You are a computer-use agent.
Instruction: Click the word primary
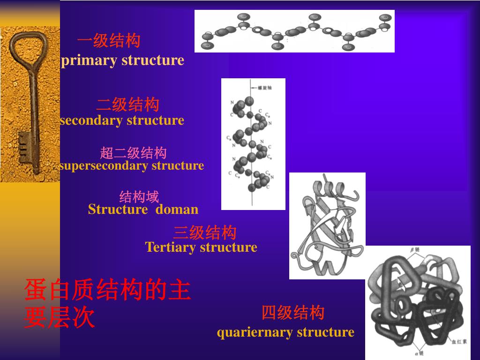tap(90, 60)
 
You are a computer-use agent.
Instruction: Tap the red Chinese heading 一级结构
tap(109, 41)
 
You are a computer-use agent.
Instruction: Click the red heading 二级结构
tap(128, 105)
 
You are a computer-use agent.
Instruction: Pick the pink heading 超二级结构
tap(133, 153)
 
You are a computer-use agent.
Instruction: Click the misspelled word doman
tap(177, 209)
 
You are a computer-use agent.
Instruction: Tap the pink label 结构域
tap(139, 196)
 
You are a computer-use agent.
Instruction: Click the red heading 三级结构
tap(205, 232)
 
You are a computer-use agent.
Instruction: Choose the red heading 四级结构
tap(293, 312)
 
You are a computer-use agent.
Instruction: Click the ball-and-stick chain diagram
tap(294, 31)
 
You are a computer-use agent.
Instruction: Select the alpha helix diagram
tap(253, 144)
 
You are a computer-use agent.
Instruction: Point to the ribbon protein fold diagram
tap(327, 225)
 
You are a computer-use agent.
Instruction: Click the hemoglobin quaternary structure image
tap(417, 302)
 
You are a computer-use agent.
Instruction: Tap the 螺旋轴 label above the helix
tap(265, 87)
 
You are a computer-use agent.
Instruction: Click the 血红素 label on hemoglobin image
tap(459, 342)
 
